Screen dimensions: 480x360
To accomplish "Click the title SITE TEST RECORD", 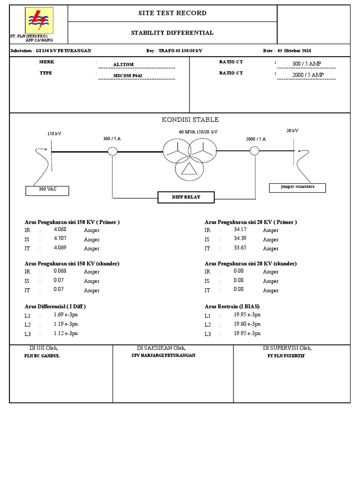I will coord(172,13).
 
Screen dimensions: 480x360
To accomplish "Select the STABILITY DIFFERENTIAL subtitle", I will coord(172,33).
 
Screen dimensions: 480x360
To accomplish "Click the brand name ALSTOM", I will coord(123,65).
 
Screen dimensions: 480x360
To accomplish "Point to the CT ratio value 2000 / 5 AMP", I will coord(307,75).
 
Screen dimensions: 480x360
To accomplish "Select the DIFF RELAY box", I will coord(186,197).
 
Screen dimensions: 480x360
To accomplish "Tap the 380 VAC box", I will coord(47,190).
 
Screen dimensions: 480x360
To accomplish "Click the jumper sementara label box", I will coord(297,187).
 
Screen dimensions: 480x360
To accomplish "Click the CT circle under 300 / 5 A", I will coord(112,151).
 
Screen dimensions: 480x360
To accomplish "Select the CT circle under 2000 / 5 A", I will coord(254,151).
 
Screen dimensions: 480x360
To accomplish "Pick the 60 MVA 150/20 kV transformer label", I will coord(198,132).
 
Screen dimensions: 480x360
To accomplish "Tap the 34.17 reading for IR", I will coord(240,230).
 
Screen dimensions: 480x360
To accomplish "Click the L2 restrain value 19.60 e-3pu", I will coord(247,324).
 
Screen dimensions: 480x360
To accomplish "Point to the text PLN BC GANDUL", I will coord(42,356).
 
